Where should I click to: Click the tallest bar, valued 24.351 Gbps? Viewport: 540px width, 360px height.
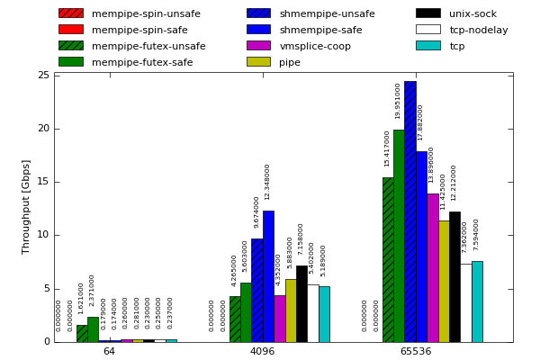coord(409,211)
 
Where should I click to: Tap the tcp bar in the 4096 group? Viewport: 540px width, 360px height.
coord(324,314)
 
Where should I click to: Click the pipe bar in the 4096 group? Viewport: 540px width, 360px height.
coord(291,310)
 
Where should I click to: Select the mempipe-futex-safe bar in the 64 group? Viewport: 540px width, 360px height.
coord(93,329)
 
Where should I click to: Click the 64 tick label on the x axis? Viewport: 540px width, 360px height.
coord(109,352)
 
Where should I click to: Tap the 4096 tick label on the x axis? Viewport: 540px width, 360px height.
coord(262,352)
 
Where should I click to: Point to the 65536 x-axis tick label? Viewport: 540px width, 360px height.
coord(415,352)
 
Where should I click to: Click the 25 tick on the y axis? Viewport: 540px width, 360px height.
coord(43,76)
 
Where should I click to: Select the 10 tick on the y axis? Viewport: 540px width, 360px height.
coord(43,236)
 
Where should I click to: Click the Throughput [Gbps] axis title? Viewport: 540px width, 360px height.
coord(26,207)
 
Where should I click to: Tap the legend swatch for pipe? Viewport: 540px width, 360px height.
coord(258,62)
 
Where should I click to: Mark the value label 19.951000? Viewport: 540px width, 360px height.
coord(398,101)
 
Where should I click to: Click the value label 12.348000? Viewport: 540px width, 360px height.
coord(267,182)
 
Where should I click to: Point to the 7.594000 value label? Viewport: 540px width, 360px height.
coord(476,234)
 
